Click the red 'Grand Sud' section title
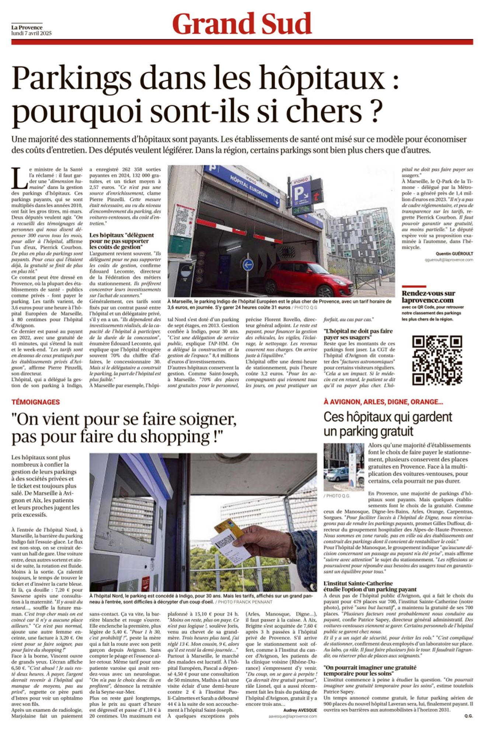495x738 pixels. point(242,24)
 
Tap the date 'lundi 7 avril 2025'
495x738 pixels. point(31,33)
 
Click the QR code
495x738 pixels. point(437,360)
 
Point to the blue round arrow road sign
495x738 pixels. point(248,265)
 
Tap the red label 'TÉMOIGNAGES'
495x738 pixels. point(35,402)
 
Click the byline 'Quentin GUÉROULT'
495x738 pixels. point(454,254)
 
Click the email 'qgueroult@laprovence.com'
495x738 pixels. point(449,260)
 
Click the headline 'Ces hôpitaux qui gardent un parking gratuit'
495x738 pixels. point(388,424)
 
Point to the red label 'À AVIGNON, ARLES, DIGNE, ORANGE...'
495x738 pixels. point(383,402)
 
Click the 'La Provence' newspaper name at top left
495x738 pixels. point(27,27)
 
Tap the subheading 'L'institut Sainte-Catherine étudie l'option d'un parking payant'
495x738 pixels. point(370,586)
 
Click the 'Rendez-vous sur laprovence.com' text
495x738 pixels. point(428,297)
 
